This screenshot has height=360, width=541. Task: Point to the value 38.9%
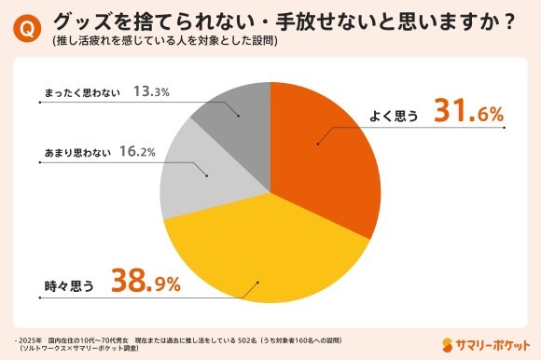click(x=146, y=280)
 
